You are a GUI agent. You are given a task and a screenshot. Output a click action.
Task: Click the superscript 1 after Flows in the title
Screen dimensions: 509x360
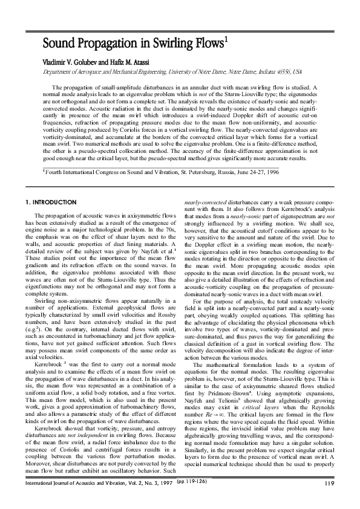coord(225,39)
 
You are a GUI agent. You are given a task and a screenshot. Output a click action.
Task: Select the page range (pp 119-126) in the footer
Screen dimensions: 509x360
coord(191,498)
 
